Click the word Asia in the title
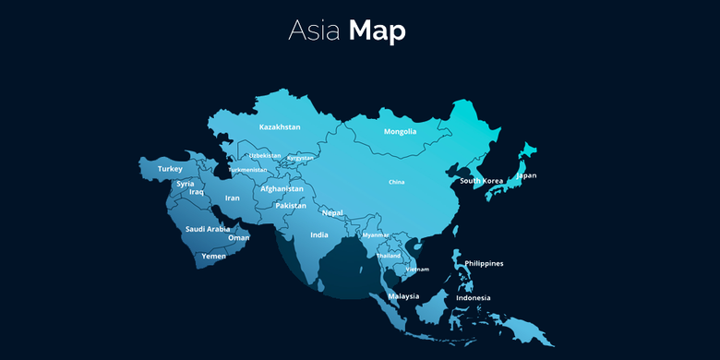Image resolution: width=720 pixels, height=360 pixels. click(x=315, y=30)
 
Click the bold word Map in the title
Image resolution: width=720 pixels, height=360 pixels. click(x=378, y=30)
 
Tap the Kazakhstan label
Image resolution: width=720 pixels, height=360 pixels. click(x=280, y=126)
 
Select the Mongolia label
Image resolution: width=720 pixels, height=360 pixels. click(x=400, y=131)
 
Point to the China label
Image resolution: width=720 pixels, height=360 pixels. click(x=397, y=182)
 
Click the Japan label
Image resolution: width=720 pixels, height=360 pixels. click(x=526, y=175)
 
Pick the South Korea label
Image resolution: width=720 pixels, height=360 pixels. click(x=481, y=181)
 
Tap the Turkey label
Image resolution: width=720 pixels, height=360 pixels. click(x=171, y=169)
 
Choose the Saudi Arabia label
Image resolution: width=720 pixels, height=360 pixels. click(x=208, y=229)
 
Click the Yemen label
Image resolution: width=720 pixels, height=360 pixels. click(x=213, y=256)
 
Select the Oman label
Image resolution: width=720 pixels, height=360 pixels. click(x=239, y=237)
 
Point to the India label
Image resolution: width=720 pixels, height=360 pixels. click(x=319, y=234)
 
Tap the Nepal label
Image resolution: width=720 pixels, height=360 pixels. click(x=332, y=212)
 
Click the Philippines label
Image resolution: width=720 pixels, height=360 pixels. click(x=484, y=263)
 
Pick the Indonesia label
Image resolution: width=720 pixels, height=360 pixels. click(x=474, y=297)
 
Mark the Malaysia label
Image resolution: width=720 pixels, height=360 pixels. click(x=403, y=296)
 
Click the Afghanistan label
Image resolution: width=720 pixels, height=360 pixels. click(x=282, y=188)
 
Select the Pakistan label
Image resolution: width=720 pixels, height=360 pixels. click(x=290, y=206)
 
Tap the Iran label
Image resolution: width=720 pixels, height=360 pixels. click(x=233, y=198)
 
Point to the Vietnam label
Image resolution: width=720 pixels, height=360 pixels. click(x=417, y=269)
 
